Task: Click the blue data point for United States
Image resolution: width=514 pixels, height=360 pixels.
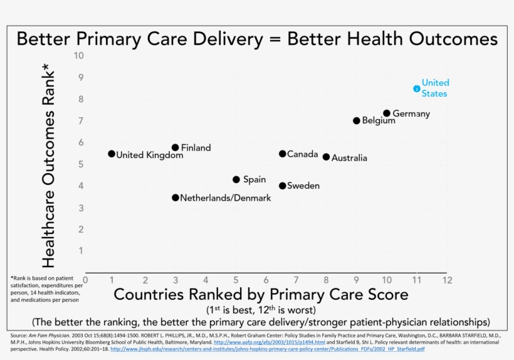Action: tap(417, 88)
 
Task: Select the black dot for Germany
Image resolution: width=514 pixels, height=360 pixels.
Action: tap(387, 114)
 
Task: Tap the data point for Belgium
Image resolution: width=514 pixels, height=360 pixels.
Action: tap(357, 120)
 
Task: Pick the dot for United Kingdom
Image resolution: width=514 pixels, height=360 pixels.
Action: tap(112, 154)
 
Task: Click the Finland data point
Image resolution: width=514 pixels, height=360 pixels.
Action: tap(176, 147)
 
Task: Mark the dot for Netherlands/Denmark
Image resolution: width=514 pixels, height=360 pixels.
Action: tap(176, 198)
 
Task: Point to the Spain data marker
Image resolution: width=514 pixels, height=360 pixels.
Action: tap(236, 179)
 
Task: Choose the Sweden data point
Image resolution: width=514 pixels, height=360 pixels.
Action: tap(283, 186)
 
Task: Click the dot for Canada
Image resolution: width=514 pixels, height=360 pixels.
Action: tap(283, 154)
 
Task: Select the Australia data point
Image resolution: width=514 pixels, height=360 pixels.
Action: tap(326, 157)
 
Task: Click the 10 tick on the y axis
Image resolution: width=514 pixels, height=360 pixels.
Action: tap(78, 55)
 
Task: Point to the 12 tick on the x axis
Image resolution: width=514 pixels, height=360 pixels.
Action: tap(446, 280)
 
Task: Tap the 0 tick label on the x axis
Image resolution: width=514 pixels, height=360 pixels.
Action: tap(85, 280)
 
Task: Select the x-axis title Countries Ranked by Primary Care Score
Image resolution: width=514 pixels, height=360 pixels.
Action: tap(261, 294)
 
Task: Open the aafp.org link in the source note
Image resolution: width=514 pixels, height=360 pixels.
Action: tap(269, 342)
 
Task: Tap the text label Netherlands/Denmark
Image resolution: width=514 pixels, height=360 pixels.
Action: tap(226, 198)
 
